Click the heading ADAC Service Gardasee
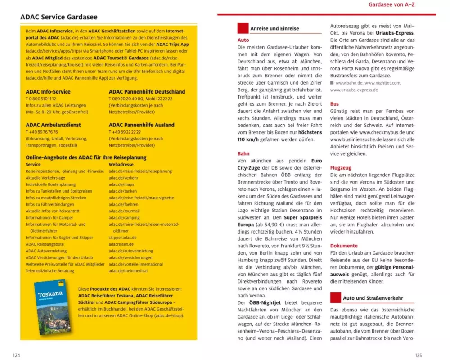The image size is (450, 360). pyautogui.click(x=59, y=17)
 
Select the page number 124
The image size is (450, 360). pyautogui.click(x=16, y=355)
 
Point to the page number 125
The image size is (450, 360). pyautogui.click(x=418, y=355)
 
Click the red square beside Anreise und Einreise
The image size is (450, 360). pyautogui.click(x=243, y=28)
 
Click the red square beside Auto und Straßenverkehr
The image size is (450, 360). pyautogui.click(x=336, y=297)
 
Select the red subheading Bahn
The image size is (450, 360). pyautogui.click(x=243, y=153)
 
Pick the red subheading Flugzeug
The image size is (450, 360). pyautogui.click(x=341, y=167)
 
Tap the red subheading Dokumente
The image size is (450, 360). pyautogui.click(x=344, y=246)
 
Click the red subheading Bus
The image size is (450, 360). pyautogui.click(x=334, y=104)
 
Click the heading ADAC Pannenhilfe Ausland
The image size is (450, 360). pyautogui.click(x=141, y=125)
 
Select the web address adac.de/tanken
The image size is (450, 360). pyautogui.click(x=121, y=191)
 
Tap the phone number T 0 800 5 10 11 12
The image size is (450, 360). pyautogui.click(x=41, y=99)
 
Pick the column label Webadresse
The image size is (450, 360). pyautogui.click(x=121, y=164)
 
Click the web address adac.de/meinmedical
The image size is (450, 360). pyautogui.click(x=129, y=271)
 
